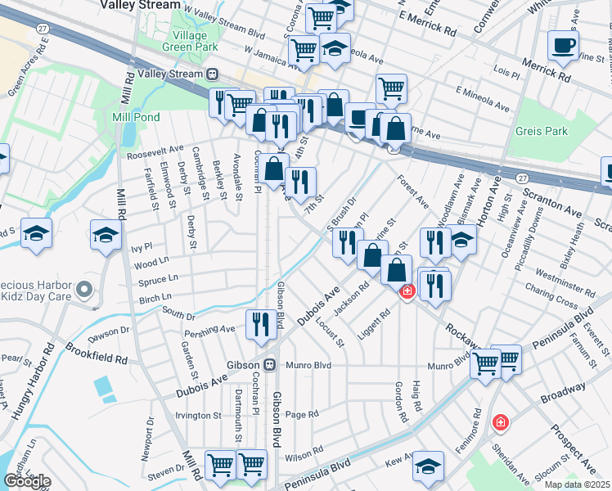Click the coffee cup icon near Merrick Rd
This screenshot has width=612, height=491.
click(x=562, y=45)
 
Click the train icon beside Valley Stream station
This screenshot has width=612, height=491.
click(x=212, y=74)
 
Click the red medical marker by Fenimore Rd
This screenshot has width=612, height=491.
click(x=499, y=422)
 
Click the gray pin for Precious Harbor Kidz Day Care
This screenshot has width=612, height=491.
click(x=83, y=289)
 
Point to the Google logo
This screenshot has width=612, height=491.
click(x=26, y=481)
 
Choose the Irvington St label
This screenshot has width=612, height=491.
click(x=200, y=416)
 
